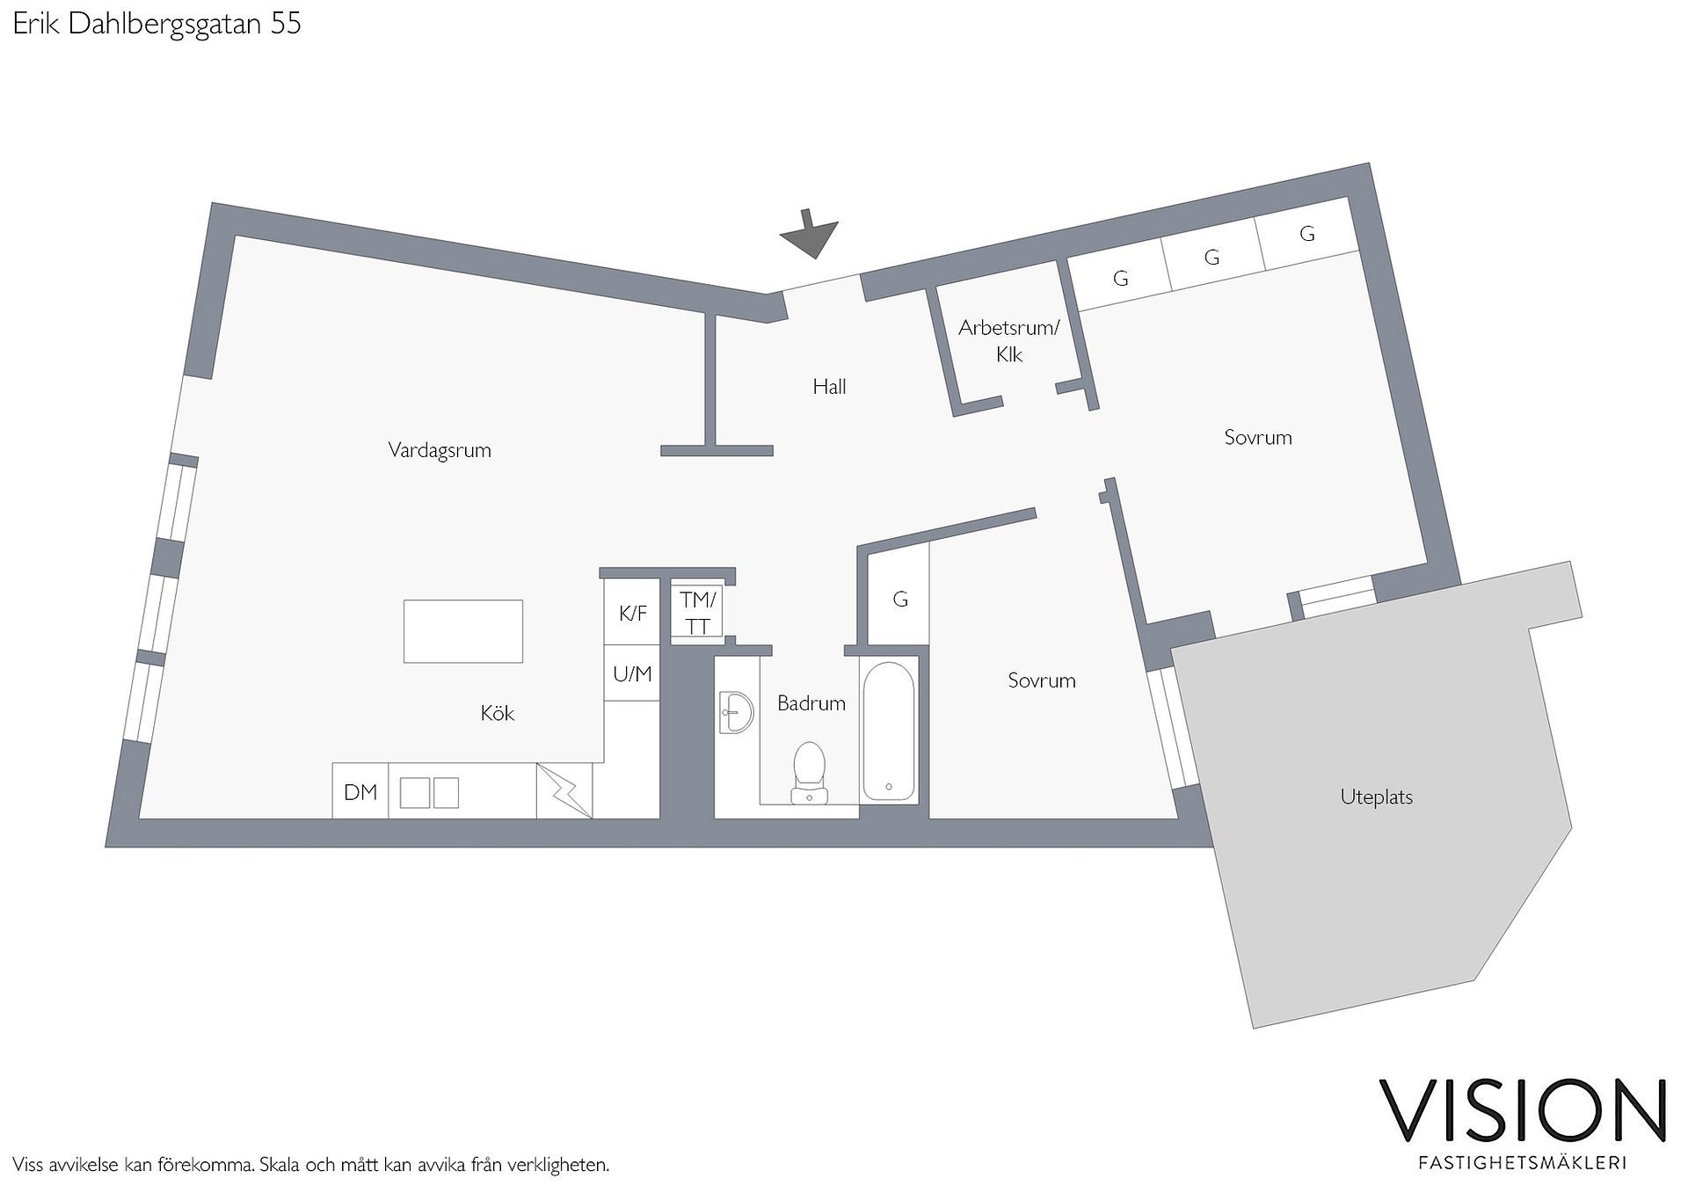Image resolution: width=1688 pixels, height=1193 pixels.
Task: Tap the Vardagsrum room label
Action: coord(440,450)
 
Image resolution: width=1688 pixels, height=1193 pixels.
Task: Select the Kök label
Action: coord(498,713)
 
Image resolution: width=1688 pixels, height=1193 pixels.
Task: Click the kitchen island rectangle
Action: coord(463,631)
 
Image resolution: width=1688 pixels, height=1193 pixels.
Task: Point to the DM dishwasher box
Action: coord(360,791)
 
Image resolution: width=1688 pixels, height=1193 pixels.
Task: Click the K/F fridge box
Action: coord(632,613)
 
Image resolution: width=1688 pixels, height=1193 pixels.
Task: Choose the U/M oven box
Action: coord(632,673)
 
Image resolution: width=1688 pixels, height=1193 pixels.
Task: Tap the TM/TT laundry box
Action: coord(698,612)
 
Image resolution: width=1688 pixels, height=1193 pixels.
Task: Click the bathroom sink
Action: coord(736,712)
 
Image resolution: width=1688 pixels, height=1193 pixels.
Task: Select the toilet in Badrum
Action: coord(809,774)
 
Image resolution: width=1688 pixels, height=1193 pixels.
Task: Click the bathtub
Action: coord(889,731)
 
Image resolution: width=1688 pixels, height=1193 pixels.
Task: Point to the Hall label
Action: coord(829,386)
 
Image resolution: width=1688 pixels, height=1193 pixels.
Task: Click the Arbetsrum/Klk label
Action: coord(1009,341)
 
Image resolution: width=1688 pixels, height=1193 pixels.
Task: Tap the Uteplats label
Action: coord(1377,797)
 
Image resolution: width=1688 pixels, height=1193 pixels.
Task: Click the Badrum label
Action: coord(811,702)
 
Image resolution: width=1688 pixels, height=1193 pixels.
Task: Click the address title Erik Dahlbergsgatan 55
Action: coord(157,24)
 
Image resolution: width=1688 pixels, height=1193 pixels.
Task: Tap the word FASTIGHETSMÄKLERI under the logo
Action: coord(1523,1162)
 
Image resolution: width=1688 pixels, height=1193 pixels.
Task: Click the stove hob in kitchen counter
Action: coord(429,792)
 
